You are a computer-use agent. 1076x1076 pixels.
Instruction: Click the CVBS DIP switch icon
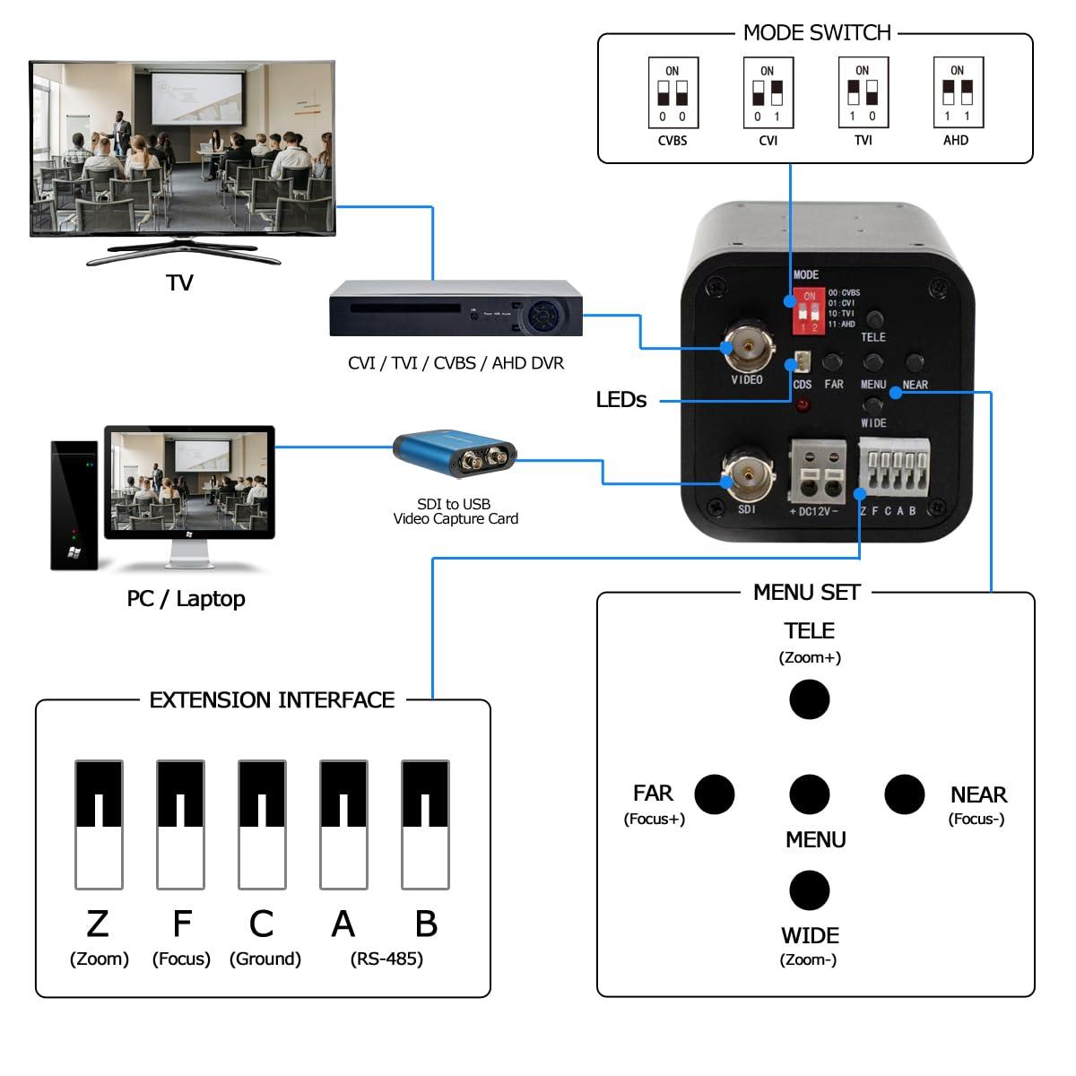672,93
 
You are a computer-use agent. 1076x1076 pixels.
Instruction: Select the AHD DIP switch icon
958,93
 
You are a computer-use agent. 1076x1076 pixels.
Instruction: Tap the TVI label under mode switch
863,141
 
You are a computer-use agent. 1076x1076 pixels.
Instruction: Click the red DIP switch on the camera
809,311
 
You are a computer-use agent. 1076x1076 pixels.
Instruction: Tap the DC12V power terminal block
817,472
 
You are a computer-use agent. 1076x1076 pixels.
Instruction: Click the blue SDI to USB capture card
455,454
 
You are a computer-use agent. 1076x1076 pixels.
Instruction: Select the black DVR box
456,310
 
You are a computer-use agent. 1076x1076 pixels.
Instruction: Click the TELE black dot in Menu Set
809,699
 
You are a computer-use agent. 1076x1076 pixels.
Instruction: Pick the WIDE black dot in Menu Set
809,889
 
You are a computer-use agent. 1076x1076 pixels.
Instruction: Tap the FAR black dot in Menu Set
715,794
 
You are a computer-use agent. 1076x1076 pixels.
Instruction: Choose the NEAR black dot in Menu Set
904,794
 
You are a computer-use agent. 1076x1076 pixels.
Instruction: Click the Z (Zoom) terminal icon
99,824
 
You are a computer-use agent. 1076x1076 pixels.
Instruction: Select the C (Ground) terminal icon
262,824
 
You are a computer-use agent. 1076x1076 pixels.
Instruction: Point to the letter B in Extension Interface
426,924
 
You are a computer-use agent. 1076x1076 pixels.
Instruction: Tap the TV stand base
183,256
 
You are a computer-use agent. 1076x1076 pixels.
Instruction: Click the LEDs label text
620,400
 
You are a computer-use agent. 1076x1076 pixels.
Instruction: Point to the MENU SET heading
806,593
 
